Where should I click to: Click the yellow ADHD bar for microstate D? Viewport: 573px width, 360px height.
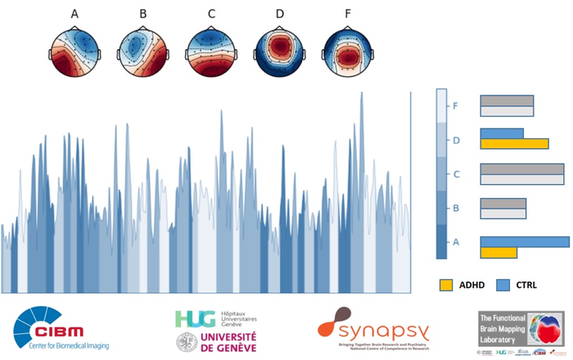(512, 144)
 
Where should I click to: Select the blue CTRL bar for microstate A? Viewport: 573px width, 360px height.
(524, 241)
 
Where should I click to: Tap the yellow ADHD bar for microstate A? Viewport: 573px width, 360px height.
(498, 253)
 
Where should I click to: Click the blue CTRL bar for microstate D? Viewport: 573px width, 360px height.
(501, 133)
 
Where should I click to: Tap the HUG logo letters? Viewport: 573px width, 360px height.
(190, 318)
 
